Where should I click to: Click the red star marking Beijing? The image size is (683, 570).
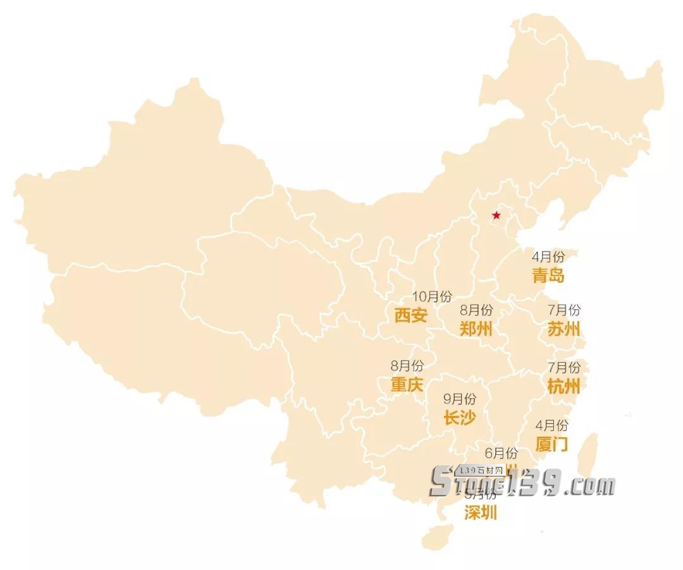point(496,216)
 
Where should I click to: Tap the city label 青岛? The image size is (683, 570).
point(548,276)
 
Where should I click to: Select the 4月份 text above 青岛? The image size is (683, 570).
point(548,257)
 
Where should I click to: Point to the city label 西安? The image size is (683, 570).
point(410,315)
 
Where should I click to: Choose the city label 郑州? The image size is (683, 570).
point(476,329)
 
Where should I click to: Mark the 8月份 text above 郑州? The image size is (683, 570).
point(476,310)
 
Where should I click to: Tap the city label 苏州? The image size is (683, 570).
point(563,329)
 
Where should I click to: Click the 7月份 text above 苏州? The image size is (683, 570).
point(563,310)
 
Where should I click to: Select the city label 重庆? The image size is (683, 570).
point(407,384)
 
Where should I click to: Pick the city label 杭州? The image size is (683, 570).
point(563,385)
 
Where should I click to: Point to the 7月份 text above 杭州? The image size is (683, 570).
point(563,367)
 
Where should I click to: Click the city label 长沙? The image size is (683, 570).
point(460,417)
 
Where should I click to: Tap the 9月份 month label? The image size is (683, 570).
point(460,399)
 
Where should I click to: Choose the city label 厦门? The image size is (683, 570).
point(551,444)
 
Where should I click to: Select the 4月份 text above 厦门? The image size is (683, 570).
point(551,425)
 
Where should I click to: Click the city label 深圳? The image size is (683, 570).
point(481,512)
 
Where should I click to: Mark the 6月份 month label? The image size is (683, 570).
point(501,453)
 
